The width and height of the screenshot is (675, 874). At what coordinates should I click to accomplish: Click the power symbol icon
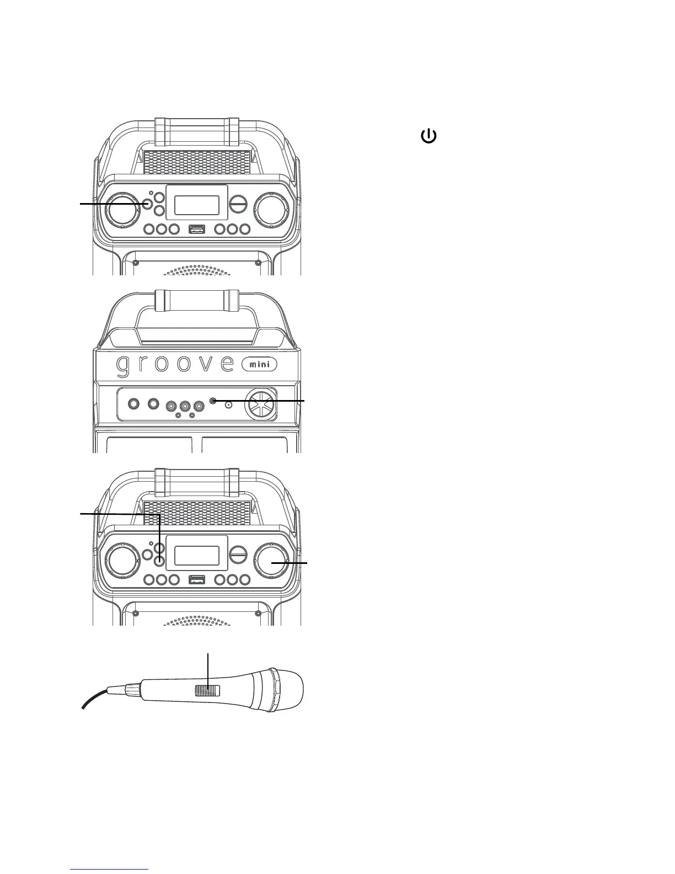coord(428,136)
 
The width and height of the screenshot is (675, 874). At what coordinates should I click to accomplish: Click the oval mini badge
coord(260,364)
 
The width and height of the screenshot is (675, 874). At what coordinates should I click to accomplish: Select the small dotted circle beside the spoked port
coord(229,404)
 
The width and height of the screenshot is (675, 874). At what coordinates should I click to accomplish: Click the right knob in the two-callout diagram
coord(271,562)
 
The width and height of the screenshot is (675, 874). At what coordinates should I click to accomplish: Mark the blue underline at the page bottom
coord(110,870)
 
